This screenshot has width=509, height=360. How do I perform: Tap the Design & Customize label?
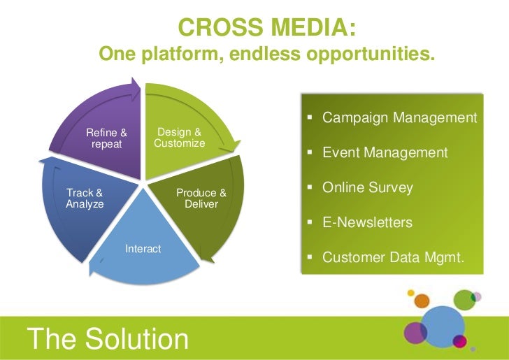tap(180, 138)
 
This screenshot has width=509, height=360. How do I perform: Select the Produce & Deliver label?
tap(201, 199)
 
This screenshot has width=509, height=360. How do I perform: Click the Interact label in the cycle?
tap(143, 249)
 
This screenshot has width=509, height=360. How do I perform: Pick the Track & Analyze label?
tap(85, 199)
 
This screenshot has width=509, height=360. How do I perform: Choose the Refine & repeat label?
tap(106, 138)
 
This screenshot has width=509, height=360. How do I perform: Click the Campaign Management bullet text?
tap(399, 117)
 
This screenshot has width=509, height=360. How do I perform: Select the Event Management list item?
tap(385, 152)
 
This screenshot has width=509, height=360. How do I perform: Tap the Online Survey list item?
tap(367, 188)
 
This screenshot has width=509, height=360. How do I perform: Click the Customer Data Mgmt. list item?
tap(393, 258)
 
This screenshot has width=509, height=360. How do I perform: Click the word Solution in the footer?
tap(137, 340)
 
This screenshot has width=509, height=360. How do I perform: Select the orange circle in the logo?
tap(422, 301)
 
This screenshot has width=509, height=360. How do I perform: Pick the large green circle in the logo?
tap(464, 299)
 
